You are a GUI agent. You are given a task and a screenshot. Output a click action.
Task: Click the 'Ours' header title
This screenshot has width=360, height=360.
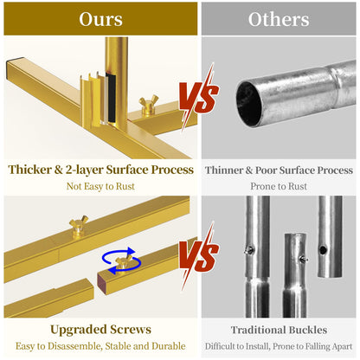pos(100,19)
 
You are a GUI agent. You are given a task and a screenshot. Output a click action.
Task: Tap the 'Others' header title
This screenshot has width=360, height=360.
pos(279,19)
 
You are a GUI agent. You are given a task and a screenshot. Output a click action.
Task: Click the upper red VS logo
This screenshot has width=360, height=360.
pos(199,97)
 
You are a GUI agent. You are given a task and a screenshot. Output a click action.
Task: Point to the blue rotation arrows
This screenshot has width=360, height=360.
pos(122,260)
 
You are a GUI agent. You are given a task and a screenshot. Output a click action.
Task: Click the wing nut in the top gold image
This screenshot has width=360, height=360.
pos(149,105)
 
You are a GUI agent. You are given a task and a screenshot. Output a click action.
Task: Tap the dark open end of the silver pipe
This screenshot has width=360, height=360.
pos(248,104)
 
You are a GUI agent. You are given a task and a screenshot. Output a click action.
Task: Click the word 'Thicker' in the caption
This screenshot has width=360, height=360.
pos(29,170)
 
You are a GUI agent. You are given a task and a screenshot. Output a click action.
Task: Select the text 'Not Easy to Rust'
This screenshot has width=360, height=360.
pos(100,186)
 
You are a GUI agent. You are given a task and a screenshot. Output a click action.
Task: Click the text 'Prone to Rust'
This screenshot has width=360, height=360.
pos(279,186)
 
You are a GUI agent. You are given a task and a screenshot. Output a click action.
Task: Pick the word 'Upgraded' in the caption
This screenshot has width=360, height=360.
pos(75,330)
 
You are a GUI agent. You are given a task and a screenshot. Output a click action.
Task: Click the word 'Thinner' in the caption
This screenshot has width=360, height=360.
pos(224,170)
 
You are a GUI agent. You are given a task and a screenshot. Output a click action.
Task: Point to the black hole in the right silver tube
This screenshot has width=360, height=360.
pos(324,248)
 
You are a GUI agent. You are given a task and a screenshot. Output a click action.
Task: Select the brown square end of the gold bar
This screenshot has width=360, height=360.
pos(102,284)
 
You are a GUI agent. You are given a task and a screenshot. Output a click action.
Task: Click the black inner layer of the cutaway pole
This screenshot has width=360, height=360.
pos(111,98)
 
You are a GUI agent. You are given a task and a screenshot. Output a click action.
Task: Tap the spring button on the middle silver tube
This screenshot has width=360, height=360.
pos(303,259)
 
